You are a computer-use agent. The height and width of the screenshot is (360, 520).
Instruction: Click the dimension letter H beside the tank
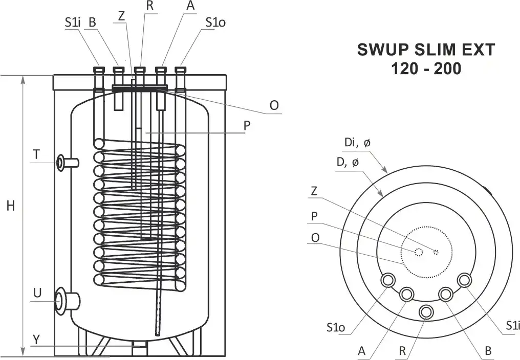[10, 206]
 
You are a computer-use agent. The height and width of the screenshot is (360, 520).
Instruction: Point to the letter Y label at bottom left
[36, 340]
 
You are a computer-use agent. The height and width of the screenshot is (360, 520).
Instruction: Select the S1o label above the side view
[215, 22]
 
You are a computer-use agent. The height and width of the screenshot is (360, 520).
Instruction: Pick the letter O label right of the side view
[274, 105]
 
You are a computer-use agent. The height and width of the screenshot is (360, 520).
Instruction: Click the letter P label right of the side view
[247, 126]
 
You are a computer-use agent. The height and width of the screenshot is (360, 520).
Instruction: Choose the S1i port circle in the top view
[465, 280]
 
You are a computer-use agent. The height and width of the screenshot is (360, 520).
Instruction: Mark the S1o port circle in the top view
[387, 280]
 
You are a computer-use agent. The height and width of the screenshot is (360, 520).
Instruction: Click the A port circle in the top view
[407, 294]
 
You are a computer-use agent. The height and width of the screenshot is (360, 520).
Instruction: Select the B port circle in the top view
[445, 294]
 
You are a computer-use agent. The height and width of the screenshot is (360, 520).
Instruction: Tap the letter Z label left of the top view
[316, 191]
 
